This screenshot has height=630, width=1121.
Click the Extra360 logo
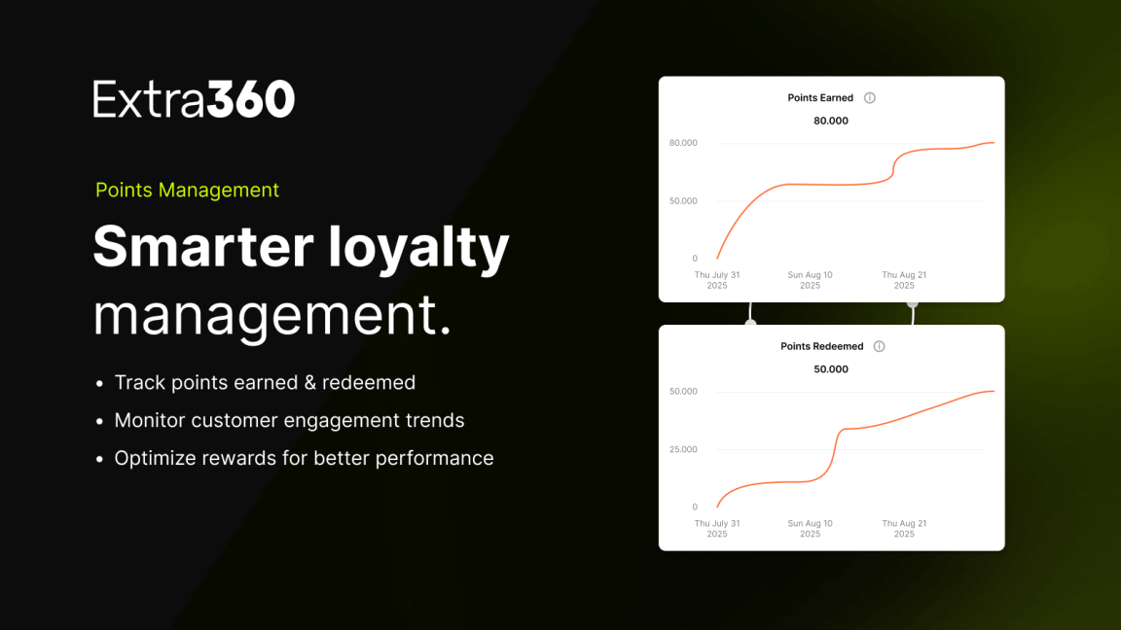[194, 98]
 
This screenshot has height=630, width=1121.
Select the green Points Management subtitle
[187, 190]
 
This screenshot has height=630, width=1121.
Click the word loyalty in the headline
[418, 249]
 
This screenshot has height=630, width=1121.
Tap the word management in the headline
[271, 315]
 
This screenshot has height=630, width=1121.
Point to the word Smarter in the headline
[203, 246]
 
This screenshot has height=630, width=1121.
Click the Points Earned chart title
[820, 98]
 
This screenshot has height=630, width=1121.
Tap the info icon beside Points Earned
[869, 98]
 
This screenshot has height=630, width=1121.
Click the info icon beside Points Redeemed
[879, 346]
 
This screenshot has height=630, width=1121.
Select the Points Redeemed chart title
[822, 346]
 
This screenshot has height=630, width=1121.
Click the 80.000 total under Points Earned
[831, 121]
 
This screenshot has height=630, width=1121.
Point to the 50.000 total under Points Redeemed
[831, 369]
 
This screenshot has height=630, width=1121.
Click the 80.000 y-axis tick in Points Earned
[683, 143]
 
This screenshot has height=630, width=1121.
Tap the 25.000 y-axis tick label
[683, 449]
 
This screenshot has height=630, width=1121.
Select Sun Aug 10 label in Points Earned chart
[810, 280]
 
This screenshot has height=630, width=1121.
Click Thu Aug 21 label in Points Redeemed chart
[904, 529]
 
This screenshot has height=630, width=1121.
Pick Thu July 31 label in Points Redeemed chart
[717, 529]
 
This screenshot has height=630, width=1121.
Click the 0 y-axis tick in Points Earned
[695, 259]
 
